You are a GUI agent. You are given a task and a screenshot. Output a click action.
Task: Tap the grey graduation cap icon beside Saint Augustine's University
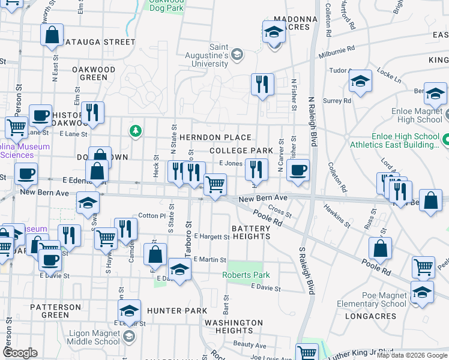237,55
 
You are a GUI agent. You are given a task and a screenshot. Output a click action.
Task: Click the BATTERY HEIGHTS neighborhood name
250,232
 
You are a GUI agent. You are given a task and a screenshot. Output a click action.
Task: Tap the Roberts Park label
246,275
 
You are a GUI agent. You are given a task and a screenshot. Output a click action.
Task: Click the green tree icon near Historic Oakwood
136,130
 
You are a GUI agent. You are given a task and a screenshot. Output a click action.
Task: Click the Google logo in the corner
20,352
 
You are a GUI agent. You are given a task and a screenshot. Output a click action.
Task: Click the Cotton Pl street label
151,215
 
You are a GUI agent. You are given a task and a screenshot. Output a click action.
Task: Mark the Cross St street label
280,211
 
